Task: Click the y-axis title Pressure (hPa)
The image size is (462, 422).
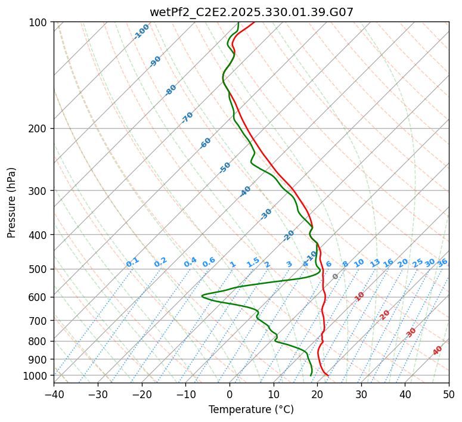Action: [12, 203]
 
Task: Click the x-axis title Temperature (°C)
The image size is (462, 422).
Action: [251, 410]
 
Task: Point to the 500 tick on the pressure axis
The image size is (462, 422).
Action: [40, 269]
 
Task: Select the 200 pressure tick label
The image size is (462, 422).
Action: [40, 128]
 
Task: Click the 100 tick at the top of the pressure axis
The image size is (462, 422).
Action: [40, 22]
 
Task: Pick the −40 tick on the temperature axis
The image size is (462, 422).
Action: [54, 394]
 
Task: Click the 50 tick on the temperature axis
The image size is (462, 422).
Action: [449, 394]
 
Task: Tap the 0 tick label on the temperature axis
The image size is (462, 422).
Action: [230, 394]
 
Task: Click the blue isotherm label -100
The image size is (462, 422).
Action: [141, 31]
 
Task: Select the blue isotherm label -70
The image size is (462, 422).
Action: [187, 117]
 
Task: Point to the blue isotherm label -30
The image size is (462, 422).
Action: [266, 214]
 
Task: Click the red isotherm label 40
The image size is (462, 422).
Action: [438, 350]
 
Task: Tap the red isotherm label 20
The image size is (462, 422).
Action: [385, 314]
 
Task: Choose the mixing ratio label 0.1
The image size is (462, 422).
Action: [132, 262]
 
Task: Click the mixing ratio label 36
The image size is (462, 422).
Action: [442, 262]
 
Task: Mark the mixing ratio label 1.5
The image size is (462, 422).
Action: [253, 262]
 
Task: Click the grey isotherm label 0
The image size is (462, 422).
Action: [335, 277]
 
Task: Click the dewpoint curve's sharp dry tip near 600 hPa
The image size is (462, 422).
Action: [202, 295]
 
